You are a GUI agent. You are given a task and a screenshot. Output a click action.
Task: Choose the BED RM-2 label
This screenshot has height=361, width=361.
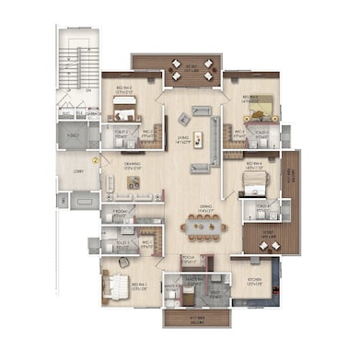point(122,90)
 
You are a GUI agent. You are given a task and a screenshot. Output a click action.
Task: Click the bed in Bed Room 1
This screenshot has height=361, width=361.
point(115,288)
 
